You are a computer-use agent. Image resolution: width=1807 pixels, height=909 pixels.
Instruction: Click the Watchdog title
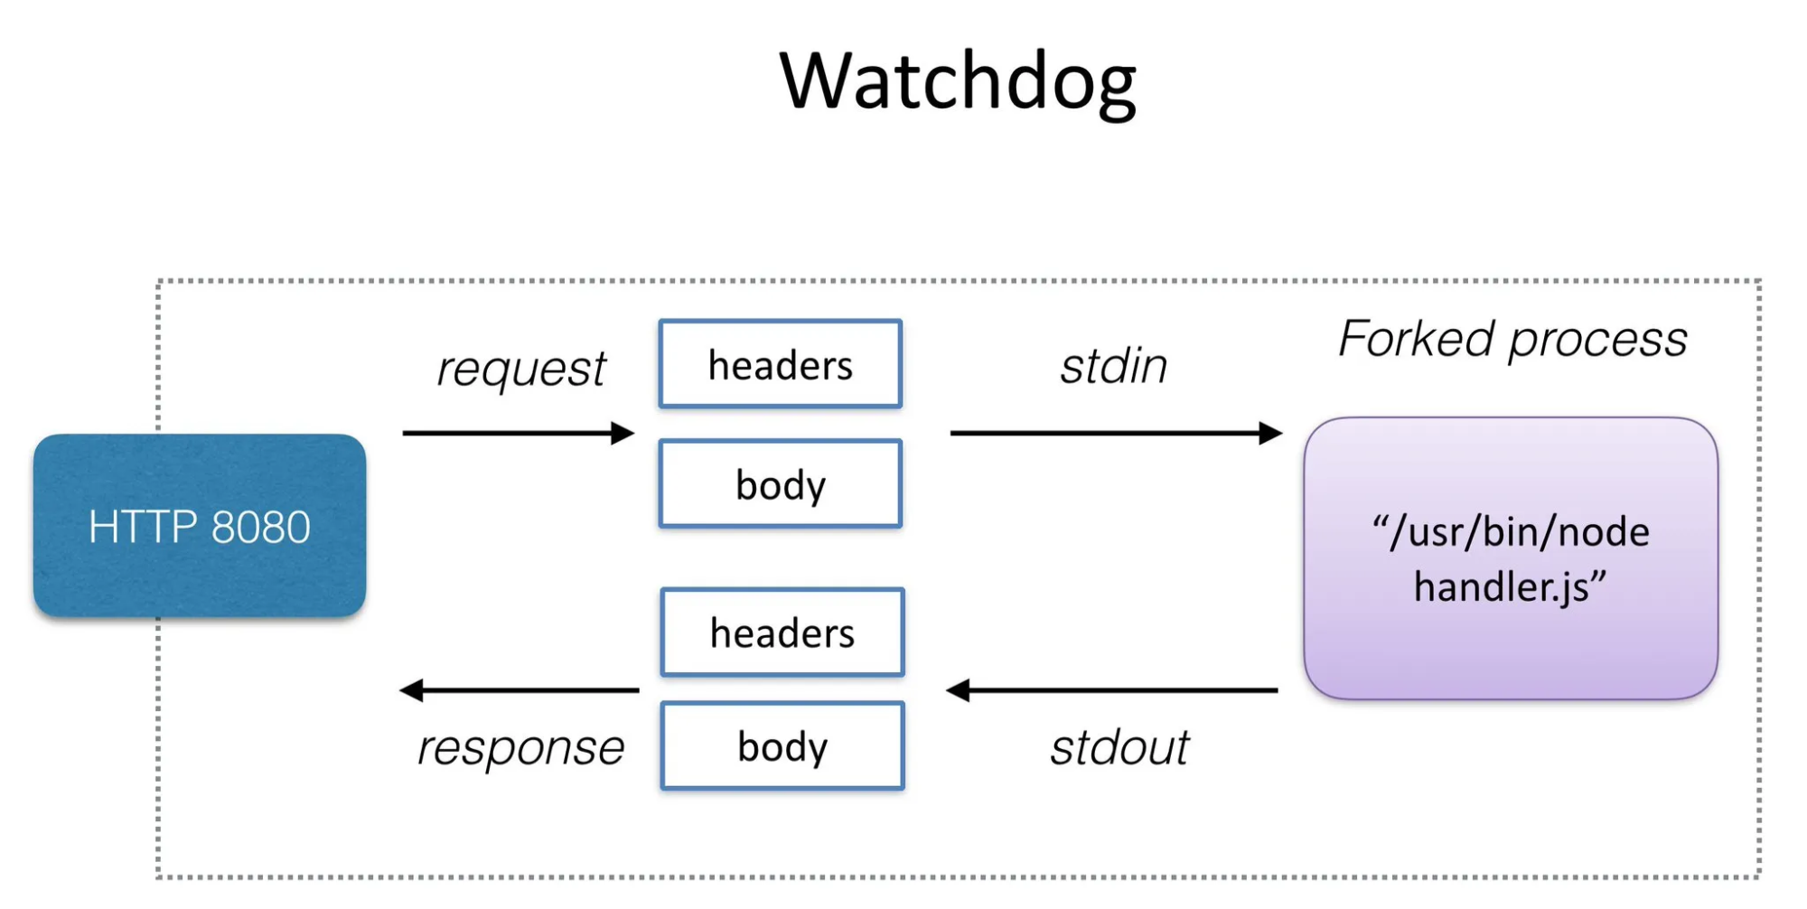tap(958, 82)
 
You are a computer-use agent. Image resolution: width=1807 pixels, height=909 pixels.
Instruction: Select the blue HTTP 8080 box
tap(200, 526)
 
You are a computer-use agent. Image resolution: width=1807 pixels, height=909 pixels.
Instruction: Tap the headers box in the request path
tap(781, 364)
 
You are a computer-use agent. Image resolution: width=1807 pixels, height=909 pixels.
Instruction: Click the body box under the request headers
tap(781, 483)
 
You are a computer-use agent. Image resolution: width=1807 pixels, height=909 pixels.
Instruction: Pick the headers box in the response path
tap(782, 633)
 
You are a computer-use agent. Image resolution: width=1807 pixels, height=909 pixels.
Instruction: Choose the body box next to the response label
tap(782, 746)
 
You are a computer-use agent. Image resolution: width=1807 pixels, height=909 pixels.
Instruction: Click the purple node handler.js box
tap(1511, 558)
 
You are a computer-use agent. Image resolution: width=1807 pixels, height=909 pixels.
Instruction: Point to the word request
tap(521, 369)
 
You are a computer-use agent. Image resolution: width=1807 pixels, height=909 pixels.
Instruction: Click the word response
tap(521, 748)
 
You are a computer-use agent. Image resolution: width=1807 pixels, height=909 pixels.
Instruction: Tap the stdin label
tap(1114, 366)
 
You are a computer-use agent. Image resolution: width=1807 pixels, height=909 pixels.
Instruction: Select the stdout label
tap(1119, 748)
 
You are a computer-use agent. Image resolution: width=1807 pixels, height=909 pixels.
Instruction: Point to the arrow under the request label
tap(519, 433)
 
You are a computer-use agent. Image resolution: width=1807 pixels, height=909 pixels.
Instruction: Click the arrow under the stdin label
tap(1117, 433)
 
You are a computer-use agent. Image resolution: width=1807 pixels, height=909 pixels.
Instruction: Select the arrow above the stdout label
tap(1112, 690)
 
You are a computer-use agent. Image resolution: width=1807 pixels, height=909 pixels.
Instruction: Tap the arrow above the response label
tap(520, 690)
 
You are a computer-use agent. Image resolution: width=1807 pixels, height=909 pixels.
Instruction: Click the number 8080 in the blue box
tap(261, 527)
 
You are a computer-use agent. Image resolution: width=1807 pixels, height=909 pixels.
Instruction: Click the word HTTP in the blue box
tap(143, 527)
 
